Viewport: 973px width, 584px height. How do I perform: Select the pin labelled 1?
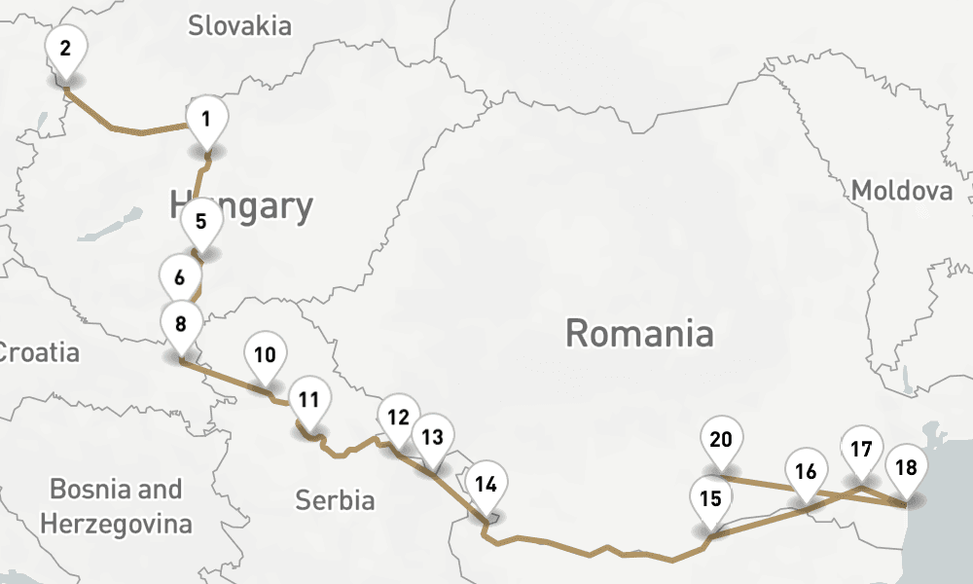tap(206, 120)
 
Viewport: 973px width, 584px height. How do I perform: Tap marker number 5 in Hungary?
tap(200, 221)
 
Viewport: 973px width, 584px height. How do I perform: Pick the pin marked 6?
tap(180, 277)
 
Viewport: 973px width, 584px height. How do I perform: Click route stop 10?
tap(265, 354)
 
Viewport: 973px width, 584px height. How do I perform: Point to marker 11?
tap(309, 399)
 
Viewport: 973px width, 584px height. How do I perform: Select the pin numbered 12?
tap(397, 418)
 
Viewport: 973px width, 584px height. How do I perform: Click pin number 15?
tap(711, 499)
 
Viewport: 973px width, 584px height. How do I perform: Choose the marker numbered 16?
tap(806, 472)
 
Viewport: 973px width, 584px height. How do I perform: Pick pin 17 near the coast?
tap(861, 450)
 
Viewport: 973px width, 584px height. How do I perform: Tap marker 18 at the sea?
tap(906, 468)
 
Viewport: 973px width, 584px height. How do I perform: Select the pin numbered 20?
tap(721, 439)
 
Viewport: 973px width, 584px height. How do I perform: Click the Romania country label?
tap(639, 333)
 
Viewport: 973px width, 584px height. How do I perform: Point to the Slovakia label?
tap(239, 25)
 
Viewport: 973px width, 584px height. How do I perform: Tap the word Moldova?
tap(902, 191)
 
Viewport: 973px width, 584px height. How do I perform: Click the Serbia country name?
tap(336, 500)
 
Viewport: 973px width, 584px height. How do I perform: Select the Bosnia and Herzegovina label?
tap(116, 506)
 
